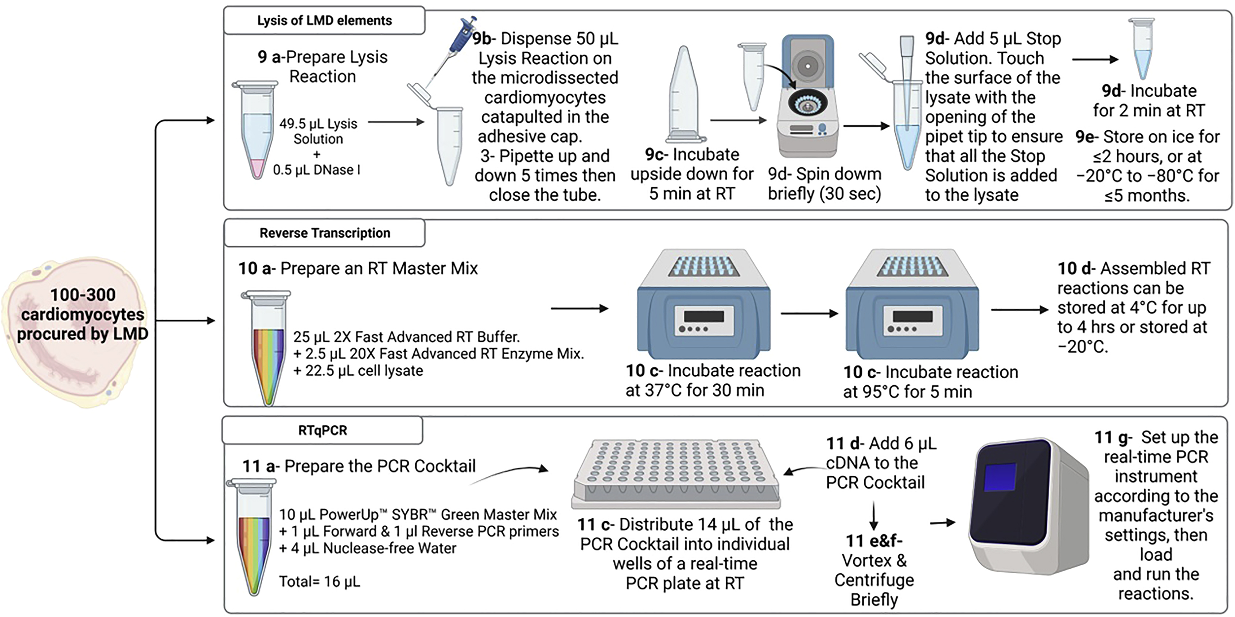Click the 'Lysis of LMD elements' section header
pyautogui.click(x=324, y=21)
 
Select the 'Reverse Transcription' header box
pyautogui.click(x=325, y=233)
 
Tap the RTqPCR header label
pyautogui.click(x=322, y=430)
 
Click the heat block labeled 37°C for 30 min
pyautogui.click(x=703, y=305)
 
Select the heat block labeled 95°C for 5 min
pyautogui.click(x=912, y=305)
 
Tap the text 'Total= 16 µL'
pyautogui.click(x=319, y=581)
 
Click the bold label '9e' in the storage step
pyautogui.click(x=1086, y=137)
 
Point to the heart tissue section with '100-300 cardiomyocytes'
pyautogui.click(x=77, y=331)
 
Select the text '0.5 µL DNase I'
pyautogui.click(x=317, y=170)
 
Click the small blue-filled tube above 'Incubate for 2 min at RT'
pyautogui.click(x=1142, y=48)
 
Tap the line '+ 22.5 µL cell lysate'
pyautogui.click(x=358, y=371)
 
